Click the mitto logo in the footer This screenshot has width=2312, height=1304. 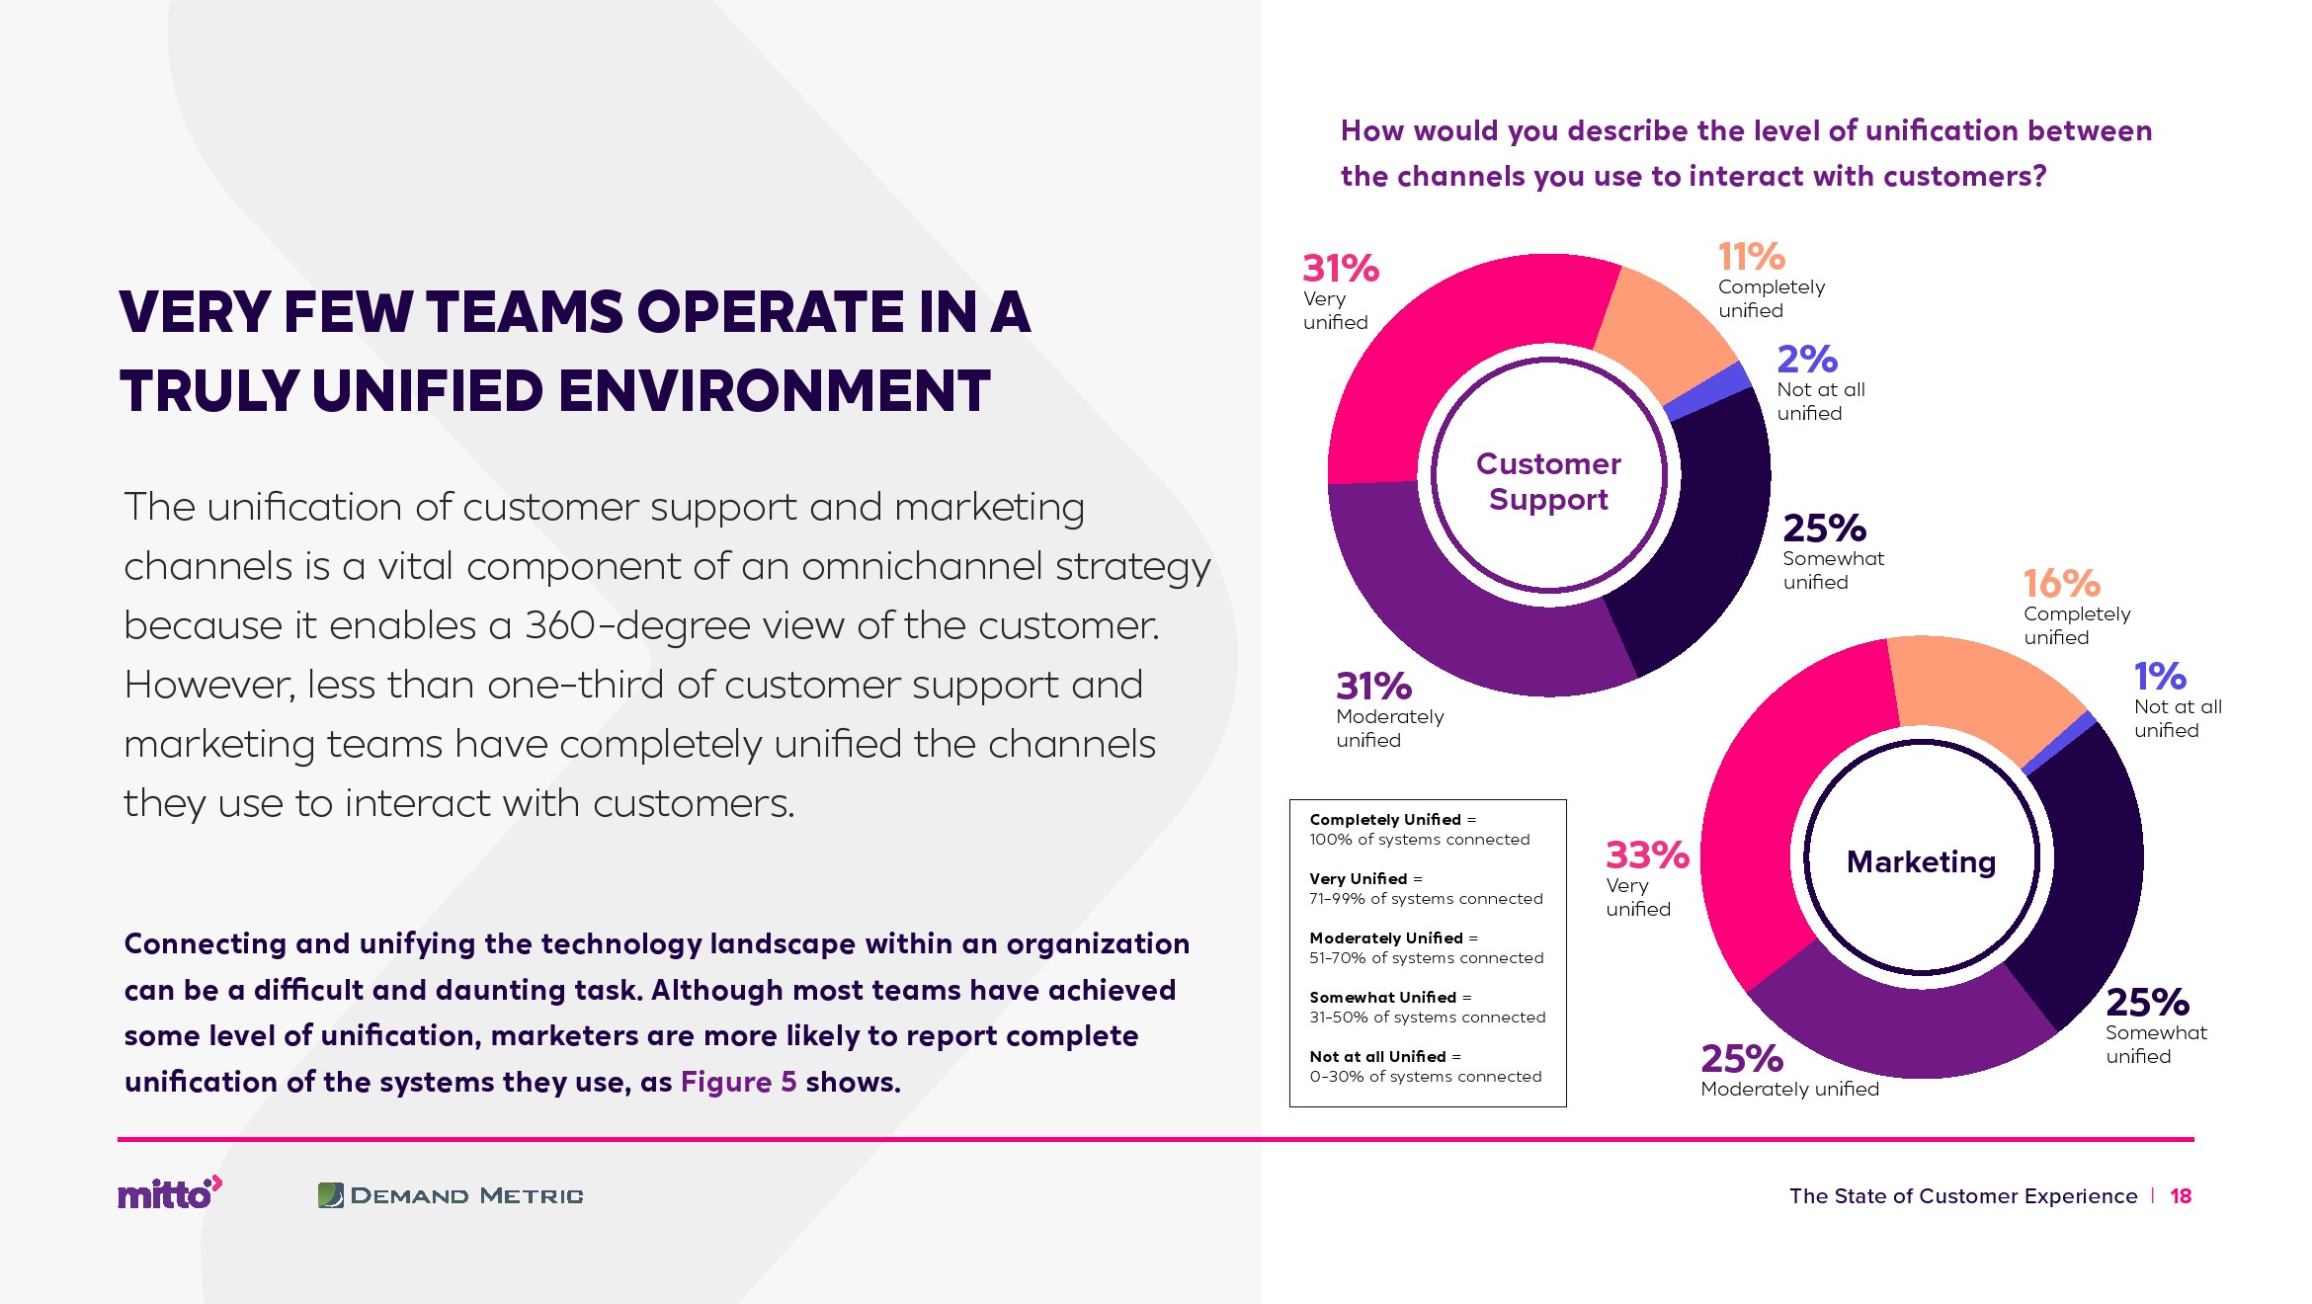click(x=169, y=1193)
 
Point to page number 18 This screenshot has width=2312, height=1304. click(x=2181, y=1196)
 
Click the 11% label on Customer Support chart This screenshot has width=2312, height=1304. click(x=1751, y=257)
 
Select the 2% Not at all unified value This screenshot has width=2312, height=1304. click(x=1806, y=360)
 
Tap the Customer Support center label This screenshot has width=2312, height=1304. click(x=1548, y=481)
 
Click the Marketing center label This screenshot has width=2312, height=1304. click(x=1921, y=862)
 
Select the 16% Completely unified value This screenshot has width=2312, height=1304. click(x=2061, y=584)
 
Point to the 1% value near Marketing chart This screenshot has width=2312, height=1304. click(x=2160, y=677)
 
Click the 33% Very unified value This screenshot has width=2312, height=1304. click(x=1647, y=856)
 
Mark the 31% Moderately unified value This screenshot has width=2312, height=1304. click(x=1373, y=687)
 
